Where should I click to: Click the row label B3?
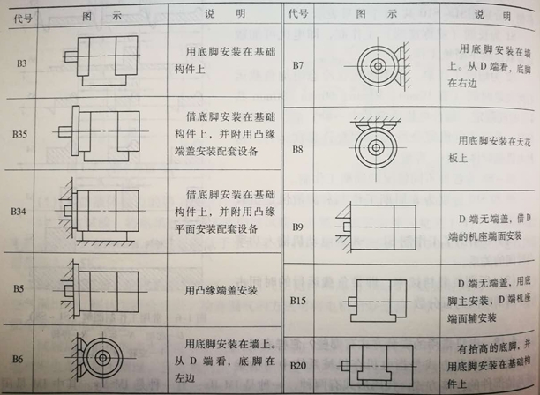point(19,64)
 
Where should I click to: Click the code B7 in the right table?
point(297,67)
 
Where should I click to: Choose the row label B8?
point(297,149)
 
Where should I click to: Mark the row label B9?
point(297,227)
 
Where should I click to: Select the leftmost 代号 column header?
point(19,13)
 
